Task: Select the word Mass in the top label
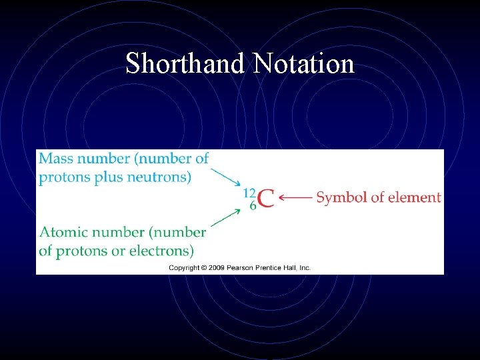(x=57, y=159)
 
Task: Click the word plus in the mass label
(x=108, y=177)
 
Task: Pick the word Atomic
(x=64, y=233)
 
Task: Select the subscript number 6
(x=253, y=205)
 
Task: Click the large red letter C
(x=265, y=199)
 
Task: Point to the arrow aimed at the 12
(x=226, y=177)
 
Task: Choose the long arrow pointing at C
(x=295, y=197)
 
